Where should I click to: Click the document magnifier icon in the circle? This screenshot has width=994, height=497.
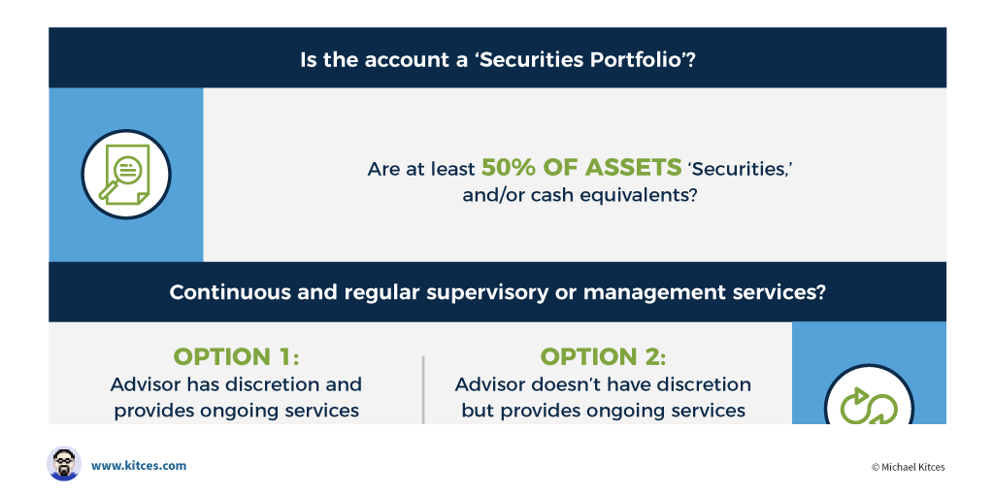point(125,175)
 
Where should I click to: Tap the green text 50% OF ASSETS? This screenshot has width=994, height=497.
point(581,167)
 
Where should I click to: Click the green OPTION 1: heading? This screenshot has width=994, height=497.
point(236,357)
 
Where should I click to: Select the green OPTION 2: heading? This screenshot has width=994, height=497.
point(603,357)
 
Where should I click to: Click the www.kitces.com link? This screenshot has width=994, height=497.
point(139,465)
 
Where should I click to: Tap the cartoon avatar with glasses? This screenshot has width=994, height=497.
point(64,463)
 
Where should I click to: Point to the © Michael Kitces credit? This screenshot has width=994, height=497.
point(908,467)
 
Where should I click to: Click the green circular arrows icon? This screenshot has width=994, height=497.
point(869,405)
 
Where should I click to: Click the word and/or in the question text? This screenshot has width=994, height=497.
point(490,194)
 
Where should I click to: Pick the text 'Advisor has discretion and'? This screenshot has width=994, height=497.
point(236,384)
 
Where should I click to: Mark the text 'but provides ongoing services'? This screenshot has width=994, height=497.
point(603,411)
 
